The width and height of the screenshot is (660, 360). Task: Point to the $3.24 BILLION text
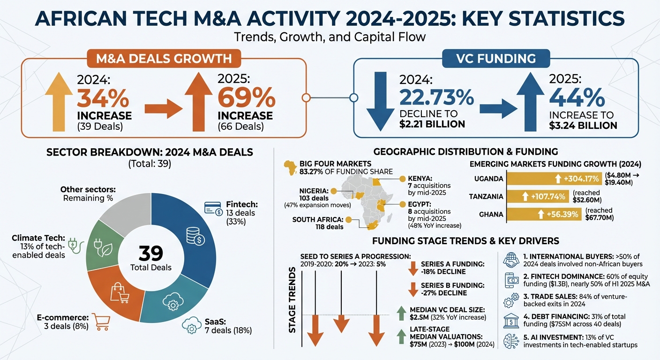583,125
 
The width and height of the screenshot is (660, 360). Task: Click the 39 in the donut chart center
151,253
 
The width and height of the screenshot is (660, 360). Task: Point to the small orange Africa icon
289,167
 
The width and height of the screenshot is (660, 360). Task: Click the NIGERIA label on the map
314,191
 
